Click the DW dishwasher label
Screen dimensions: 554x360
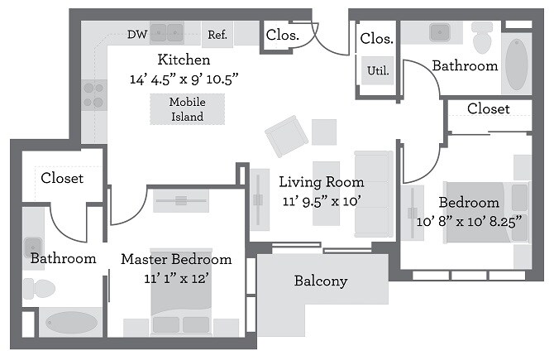click(137, 34)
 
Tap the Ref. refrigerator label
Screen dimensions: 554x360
click(217, 35)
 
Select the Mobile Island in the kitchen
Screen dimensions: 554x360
click(188, 108)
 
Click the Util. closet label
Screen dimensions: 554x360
click(378, 70)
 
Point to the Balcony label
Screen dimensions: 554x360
click(321, 281)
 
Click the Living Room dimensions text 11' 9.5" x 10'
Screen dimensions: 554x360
click(321, 201)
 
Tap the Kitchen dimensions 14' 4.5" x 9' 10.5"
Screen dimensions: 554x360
click(184, 80)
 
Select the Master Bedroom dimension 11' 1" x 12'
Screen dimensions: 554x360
click(176, 279)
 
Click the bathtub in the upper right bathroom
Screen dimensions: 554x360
click(516, 63)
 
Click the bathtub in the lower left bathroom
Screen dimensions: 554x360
click(71, 321)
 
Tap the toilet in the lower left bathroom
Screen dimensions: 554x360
click(38, 288)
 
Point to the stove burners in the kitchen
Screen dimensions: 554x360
click(94, 94)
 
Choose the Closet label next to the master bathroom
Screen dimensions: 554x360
click(62, 178)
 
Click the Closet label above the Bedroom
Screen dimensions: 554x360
click(488, 109)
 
